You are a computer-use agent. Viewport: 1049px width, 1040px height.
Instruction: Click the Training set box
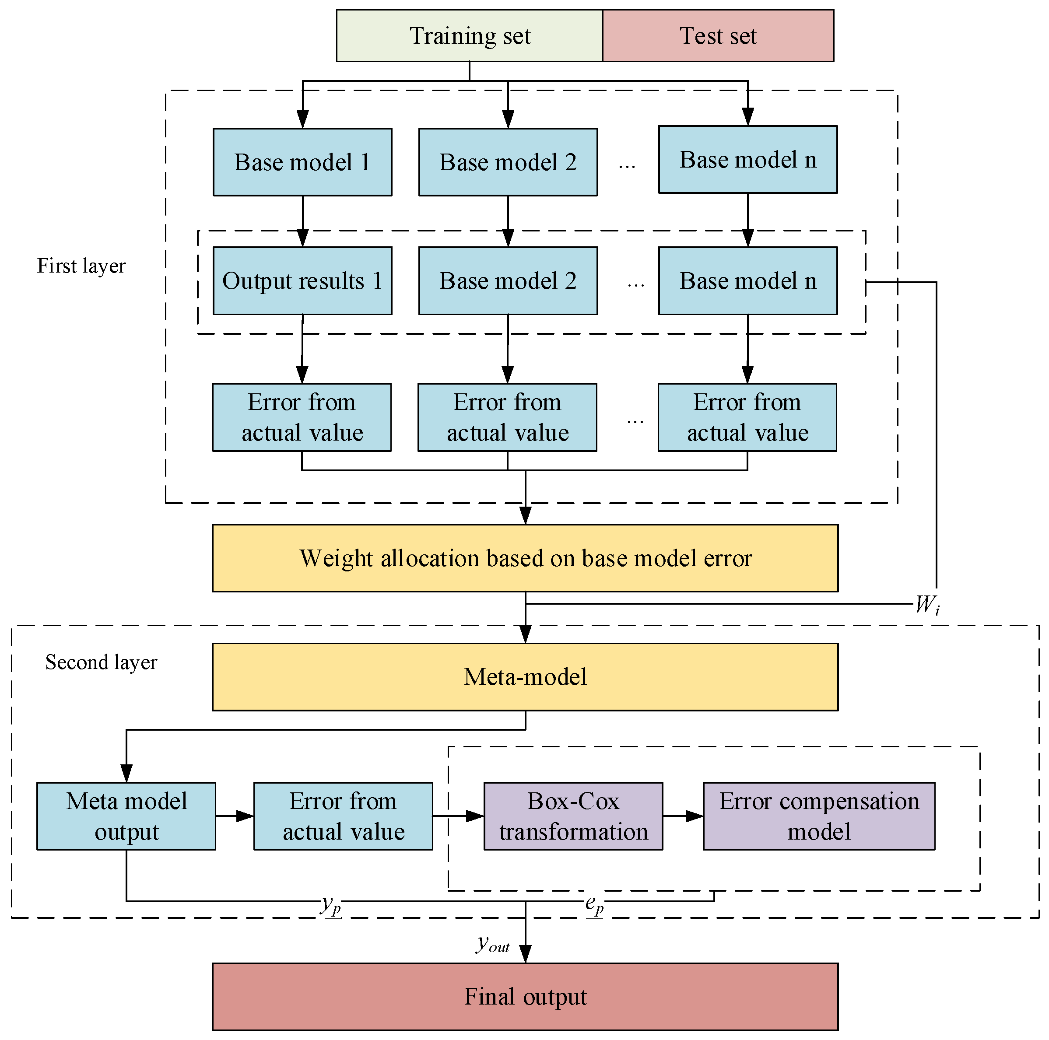(x=469, y=36)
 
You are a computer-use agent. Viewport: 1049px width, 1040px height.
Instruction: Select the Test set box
(x=717, y=36)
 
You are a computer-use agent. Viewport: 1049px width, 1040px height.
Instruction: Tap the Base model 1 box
(x=302, y=162)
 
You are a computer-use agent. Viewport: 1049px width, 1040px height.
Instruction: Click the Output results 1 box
(x=302, y=280)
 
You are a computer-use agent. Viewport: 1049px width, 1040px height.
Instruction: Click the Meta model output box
(x=126, y=816)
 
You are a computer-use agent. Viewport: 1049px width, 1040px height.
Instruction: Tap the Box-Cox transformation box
(x=573, y=816)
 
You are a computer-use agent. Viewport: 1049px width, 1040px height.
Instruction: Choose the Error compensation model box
(x=818, y=816)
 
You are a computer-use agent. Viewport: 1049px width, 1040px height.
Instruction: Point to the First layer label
(x=81, y=266)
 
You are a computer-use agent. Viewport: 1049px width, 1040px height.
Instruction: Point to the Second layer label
(x=101, y=662)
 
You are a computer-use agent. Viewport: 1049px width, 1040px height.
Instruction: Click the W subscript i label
(x=927, y=604)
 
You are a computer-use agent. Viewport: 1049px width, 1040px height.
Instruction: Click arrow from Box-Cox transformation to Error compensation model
(x=683, y=816)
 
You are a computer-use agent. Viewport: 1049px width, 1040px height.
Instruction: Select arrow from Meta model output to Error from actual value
(x=235, y=816)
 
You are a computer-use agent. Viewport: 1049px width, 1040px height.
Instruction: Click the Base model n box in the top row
(x=747, y=160)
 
